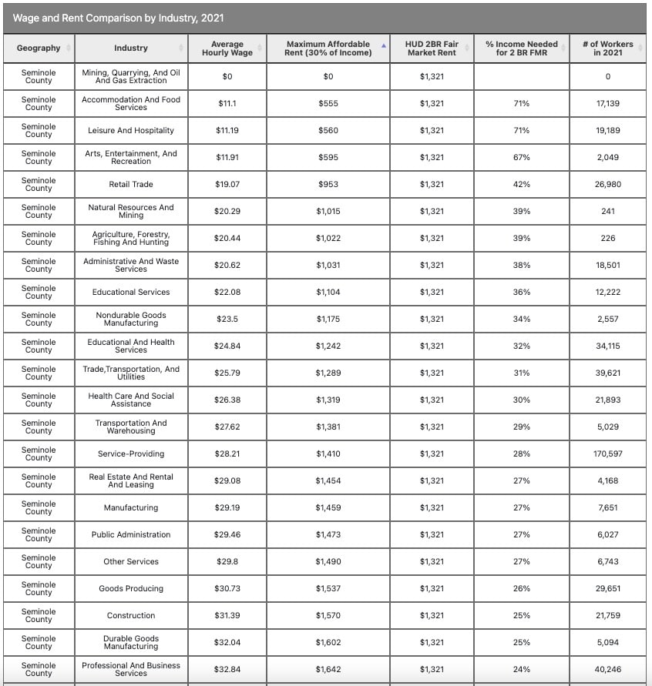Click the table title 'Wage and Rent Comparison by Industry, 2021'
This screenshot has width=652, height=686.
(x=119, y=18)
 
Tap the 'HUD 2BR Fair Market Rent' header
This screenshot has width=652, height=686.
(x=432, y=48)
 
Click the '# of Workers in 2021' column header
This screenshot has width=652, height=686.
(x=607, y=48)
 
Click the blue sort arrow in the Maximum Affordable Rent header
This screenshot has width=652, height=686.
(x=384, y=45)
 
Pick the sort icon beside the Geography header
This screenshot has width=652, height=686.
(x=69, y=48)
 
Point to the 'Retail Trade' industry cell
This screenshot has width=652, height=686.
(x=131, y=184)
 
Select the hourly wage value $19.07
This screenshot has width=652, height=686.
(x=227, y=184)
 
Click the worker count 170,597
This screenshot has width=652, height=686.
(x=607, y=453)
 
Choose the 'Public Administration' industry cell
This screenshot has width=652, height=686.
(x=131, y=534)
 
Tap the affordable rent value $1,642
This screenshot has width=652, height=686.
(x=328, y=669)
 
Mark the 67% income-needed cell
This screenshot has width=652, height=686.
(x=521, y=157)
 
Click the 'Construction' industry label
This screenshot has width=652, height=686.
(x=131, y=615)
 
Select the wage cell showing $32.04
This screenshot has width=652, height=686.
(x=227, y=642)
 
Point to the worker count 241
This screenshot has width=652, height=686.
(x=607, y=211)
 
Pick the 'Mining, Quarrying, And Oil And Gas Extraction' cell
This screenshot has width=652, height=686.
(x=131, y=76)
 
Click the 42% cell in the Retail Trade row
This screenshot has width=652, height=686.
(x=521, y=184)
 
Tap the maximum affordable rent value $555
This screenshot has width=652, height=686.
(x=328, y=103)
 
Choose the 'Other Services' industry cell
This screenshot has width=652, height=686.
(x=131, y=561)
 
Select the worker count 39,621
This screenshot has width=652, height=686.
(x=607, y=373)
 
